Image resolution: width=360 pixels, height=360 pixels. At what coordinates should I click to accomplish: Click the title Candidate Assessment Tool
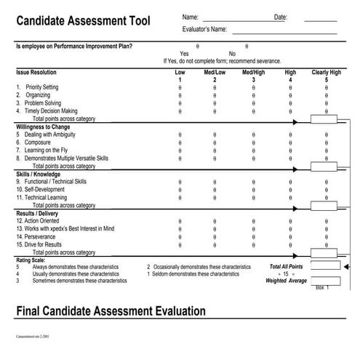83,21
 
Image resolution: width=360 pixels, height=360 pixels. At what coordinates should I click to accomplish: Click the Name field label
190,17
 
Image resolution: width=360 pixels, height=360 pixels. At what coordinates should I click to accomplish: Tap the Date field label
281,17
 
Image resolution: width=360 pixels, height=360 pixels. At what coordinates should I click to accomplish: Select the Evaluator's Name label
204,30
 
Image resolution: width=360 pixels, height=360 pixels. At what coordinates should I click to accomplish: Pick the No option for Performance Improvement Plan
246,46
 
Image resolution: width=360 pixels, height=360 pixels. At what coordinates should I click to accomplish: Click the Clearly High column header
326,73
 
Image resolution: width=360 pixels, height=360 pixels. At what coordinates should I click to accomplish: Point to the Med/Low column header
215,73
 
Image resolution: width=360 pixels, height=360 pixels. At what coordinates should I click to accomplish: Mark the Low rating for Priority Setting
180,87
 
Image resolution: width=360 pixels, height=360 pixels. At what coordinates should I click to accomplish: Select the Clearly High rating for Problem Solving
327,103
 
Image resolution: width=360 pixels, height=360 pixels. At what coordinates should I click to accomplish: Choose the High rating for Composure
290,143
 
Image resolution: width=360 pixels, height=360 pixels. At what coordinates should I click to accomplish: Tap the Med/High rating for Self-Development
253,189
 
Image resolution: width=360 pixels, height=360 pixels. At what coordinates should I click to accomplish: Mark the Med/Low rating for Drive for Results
215,244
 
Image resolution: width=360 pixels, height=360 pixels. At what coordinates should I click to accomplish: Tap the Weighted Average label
286,281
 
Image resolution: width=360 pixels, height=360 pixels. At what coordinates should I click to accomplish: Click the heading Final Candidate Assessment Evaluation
111,311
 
